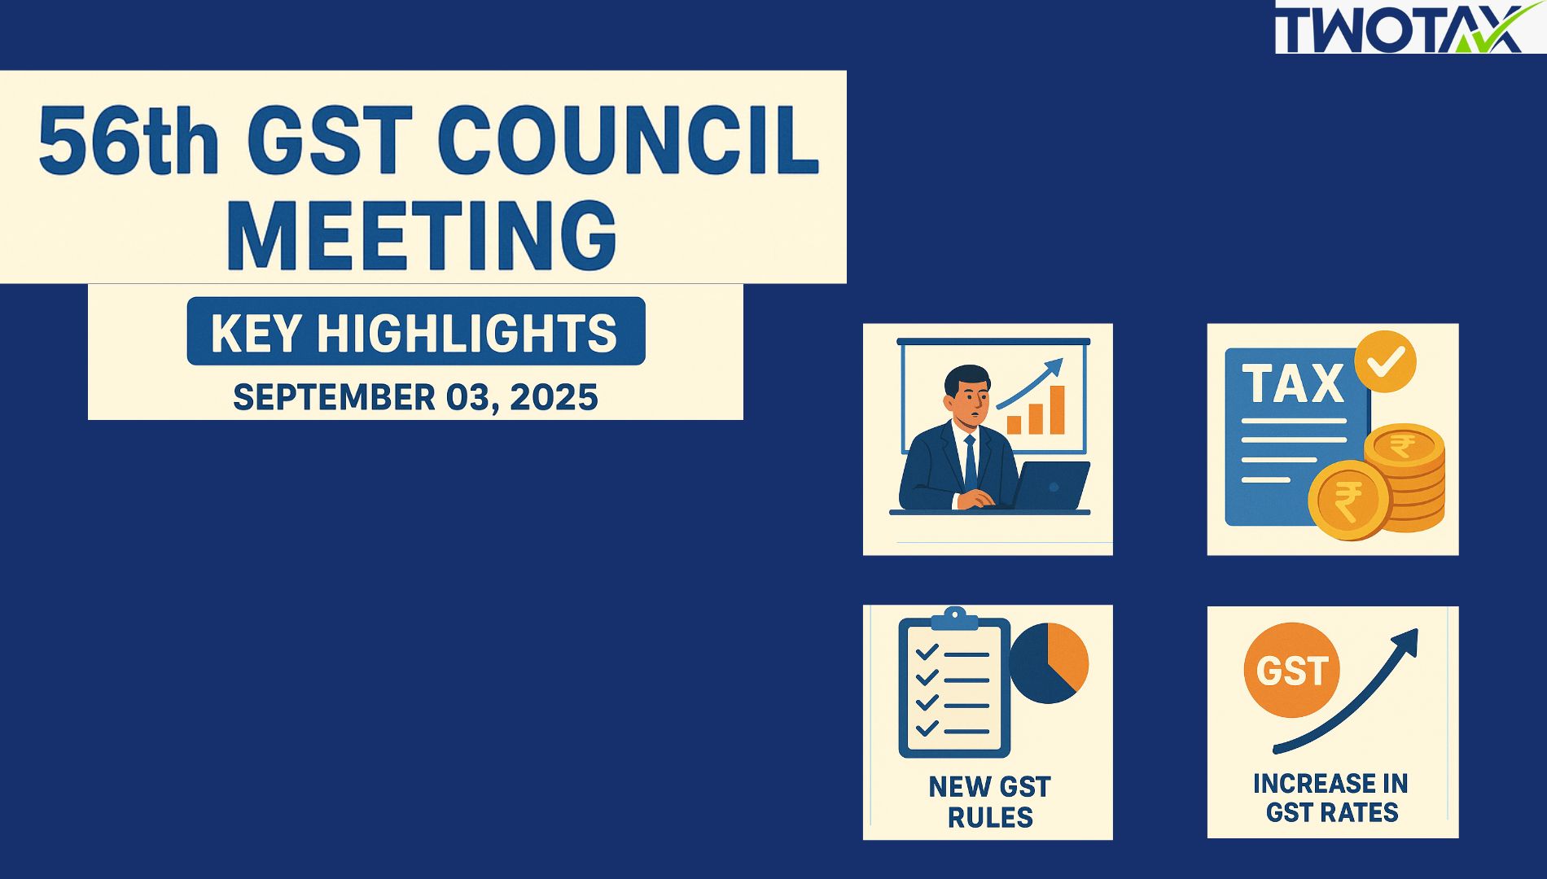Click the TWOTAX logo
(1410, 28)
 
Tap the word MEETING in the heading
(422, 234)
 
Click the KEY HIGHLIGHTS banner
(416, 331)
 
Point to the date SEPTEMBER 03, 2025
(415, 397)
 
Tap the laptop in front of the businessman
(1050, 486)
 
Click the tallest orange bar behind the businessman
(1057, 409)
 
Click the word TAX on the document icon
(1293, 383)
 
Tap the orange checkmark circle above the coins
(1385, 361)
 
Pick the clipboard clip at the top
(954, 619)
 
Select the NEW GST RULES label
(989, 802)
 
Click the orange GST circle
(1292, 670)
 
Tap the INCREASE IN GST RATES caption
(1331, 798)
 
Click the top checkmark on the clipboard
(927, 652)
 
